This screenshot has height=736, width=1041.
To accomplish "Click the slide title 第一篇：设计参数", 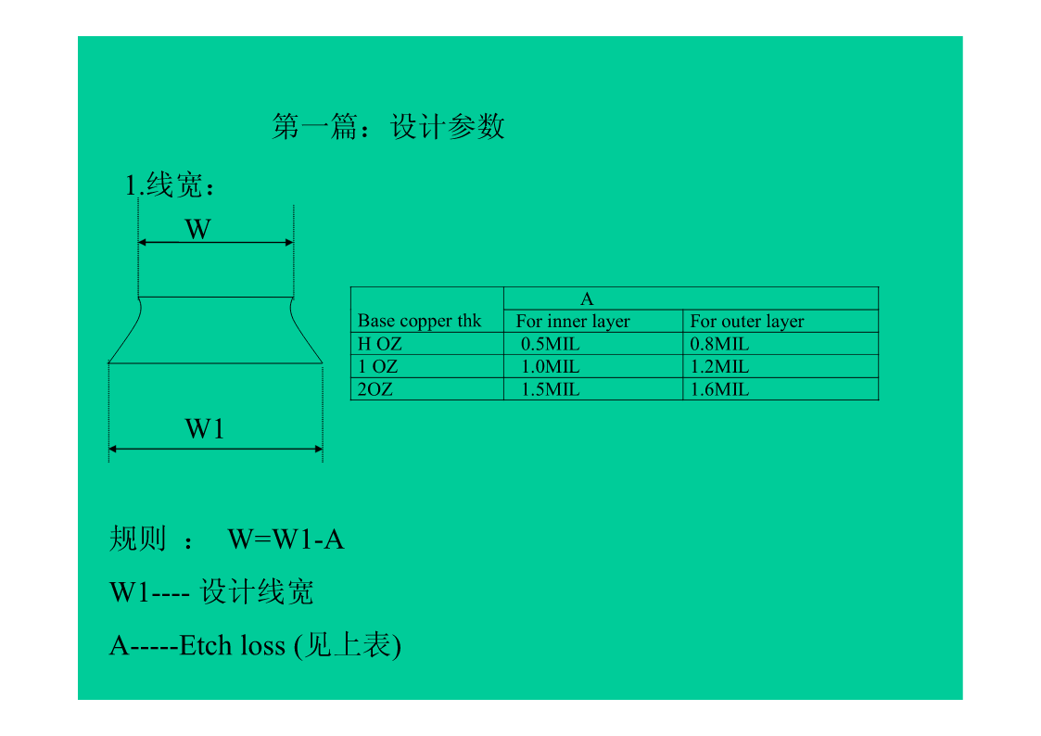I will pos(388,127).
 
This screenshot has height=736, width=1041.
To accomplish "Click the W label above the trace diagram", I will pos(197,229).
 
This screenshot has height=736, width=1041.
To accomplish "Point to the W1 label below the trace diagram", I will pos(205,429).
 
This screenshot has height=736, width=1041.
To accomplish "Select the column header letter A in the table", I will pos(587,298).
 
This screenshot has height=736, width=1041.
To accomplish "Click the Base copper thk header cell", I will pos(420,321).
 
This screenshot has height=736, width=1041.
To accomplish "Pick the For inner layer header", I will pos(573,322).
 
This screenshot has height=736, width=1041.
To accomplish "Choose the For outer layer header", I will pos(747,322).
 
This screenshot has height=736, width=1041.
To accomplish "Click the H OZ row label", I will pos(380,344).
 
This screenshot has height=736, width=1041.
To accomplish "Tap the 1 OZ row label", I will pos(378,367).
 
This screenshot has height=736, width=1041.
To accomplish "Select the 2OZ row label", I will pos(375,389).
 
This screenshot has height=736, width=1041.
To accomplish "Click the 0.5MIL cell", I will pos(551,344).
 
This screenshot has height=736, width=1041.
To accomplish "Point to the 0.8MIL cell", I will pos(719,344).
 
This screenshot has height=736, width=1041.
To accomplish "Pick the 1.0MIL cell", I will pos(551,367).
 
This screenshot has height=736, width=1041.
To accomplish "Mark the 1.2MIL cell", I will pos(719,367).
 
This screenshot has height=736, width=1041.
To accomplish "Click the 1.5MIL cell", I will pos(551,389).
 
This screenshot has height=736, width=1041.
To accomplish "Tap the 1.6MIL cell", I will pos(719,389).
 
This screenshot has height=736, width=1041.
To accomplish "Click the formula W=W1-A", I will pos(286,539).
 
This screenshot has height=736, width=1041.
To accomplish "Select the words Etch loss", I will pos(232,646).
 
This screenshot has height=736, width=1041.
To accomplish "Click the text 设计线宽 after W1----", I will pos(258,592).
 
